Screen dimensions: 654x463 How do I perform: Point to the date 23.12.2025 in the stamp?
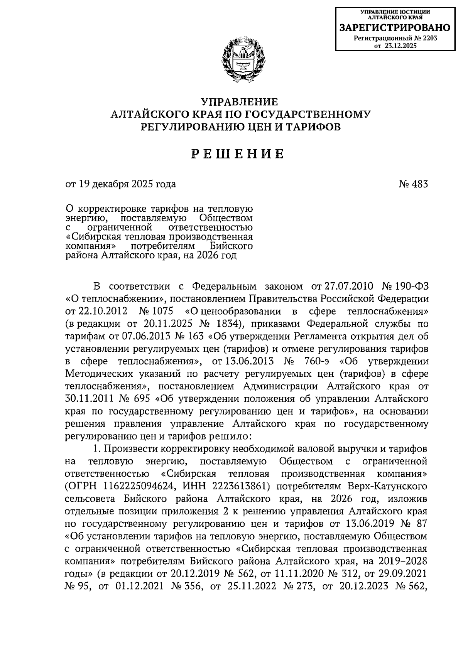pos(401,46)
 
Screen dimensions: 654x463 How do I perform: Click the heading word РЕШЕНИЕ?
pos(238,154)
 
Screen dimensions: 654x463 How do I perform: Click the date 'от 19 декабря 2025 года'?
pos(121,184)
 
